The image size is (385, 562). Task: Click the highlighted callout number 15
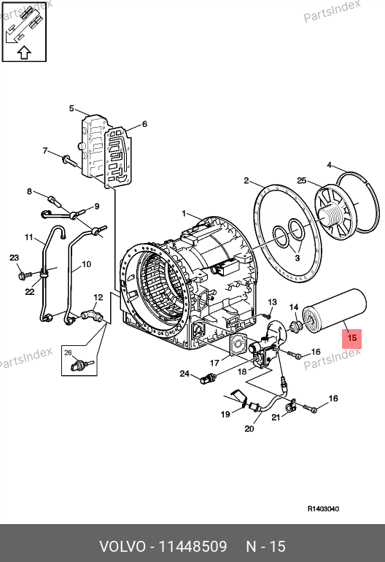[x=352, y=339]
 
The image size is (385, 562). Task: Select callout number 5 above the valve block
[x=71, y=108]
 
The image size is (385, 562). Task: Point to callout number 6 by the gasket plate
[x=144, y=124]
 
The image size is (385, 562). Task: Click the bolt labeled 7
[x=70, y=161]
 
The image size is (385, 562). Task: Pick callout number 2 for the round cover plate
[x=246, y=180]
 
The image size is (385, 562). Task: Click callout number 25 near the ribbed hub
[x=302, y=180]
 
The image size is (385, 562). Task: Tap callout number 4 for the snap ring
[x=330, y=165]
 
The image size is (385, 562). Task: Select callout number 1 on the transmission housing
[x=184, y=214]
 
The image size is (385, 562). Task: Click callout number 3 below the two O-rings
[x=297, y=258]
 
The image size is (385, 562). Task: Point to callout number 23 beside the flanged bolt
[x=14, y=258]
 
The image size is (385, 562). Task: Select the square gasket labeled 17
[x=238, y=344]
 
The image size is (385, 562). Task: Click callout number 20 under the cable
[x=249, y=428]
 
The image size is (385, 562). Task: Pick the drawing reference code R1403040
[x=324, y=509]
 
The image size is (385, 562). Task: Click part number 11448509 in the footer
[x=192, y=547]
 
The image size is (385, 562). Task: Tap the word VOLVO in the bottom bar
[x=122, y=547]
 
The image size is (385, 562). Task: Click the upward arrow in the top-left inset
[x=24, y=53]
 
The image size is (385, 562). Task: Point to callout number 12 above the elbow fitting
[x=98, y=298]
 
